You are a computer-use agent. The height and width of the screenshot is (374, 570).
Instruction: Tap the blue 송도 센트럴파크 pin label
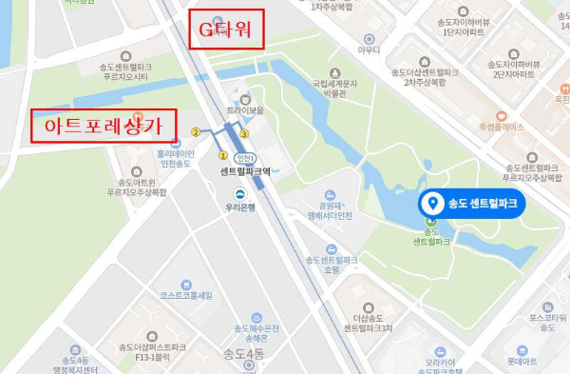click(x=473, y=203)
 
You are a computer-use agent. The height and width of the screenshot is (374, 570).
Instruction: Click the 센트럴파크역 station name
click(x=245, y=172)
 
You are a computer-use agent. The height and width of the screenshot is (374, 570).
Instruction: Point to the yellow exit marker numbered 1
click(x=223, y=153)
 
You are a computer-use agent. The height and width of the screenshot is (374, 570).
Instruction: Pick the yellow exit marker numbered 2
click(x=196, y=132)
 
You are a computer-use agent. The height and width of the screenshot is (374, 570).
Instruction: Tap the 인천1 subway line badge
click(x=244, y=158)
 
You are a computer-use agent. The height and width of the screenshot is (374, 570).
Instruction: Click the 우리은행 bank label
click(x=241, y=207)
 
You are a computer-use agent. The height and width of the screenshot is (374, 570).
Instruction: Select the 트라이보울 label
click(x=245, y=109)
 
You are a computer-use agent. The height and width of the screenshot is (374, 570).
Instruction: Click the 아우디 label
click(x=368, y=49)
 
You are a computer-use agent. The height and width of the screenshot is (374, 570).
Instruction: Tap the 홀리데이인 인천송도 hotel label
click(x=176, y=157)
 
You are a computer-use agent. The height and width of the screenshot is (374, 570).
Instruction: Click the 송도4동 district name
click(x=240, y=355)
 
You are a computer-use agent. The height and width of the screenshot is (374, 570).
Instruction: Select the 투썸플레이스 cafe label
click(x=501, y=126)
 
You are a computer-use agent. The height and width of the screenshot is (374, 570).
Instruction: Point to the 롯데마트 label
click(x=522, y=361)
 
